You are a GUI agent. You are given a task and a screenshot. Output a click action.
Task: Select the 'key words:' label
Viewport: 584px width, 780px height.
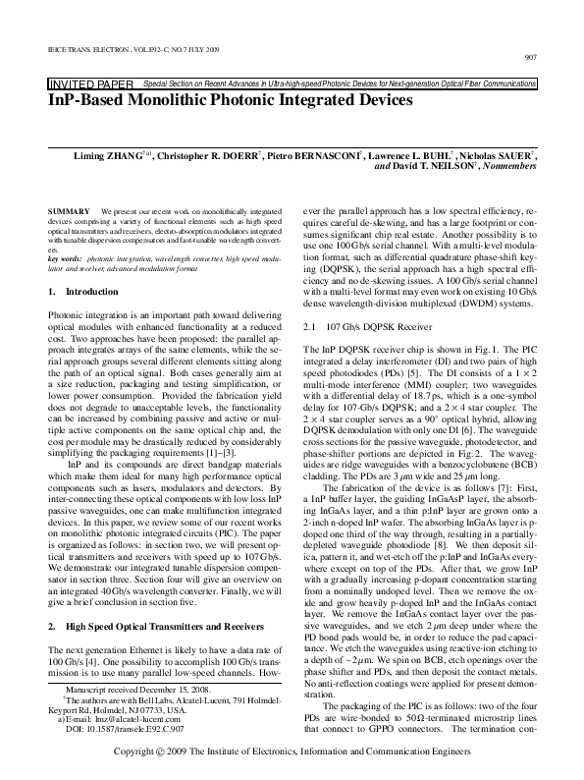click(x=65, y=257)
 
